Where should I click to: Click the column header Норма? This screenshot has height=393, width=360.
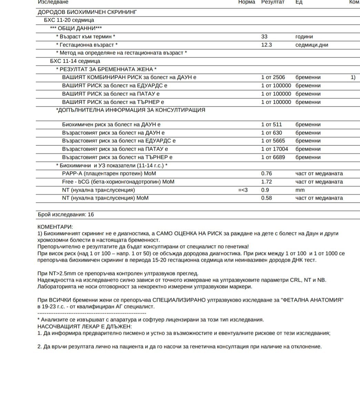tap(247, 2)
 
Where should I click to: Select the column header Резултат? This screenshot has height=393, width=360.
tap(273, 2)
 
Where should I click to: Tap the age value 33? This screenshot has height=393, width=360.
tap(264, 37)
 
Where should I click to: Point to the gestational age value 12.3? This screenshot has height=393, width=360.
tap(266, 45)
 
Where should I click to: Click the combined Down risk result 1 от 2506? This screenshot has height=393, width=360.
tap(273, 77)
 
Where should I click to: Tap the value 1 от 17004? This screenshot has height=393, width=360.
tap(275, 149)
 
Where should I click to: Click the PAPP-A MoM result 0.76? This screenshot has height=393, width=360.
tap(266, 173)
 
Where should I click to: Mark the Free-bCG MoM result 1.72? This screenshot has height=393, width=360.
tap(266, 182)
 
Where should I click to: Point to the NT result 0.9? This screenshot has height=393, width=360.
tap(265, 190)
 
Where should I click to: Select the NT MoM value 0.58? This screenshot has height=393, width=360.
tap(266, 198)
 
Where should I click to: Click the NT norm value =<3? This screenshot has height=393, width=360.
tap(243, 190)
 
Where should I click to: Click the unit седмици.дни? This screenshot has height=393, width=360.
tap(312, 45)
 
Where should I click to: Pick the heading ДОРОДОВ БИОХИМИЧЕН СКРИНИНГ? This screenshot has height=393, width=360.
tap(87, 12)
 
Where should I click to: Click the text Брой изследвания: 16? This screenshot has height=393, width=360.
tap(66, 214)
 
